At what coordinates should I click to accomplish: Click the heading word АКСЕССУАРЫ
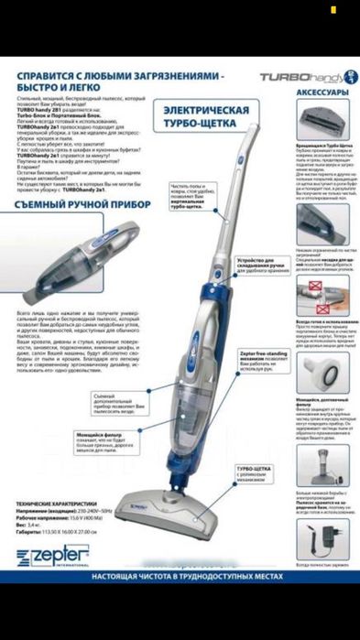click(x=322, y=94)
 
